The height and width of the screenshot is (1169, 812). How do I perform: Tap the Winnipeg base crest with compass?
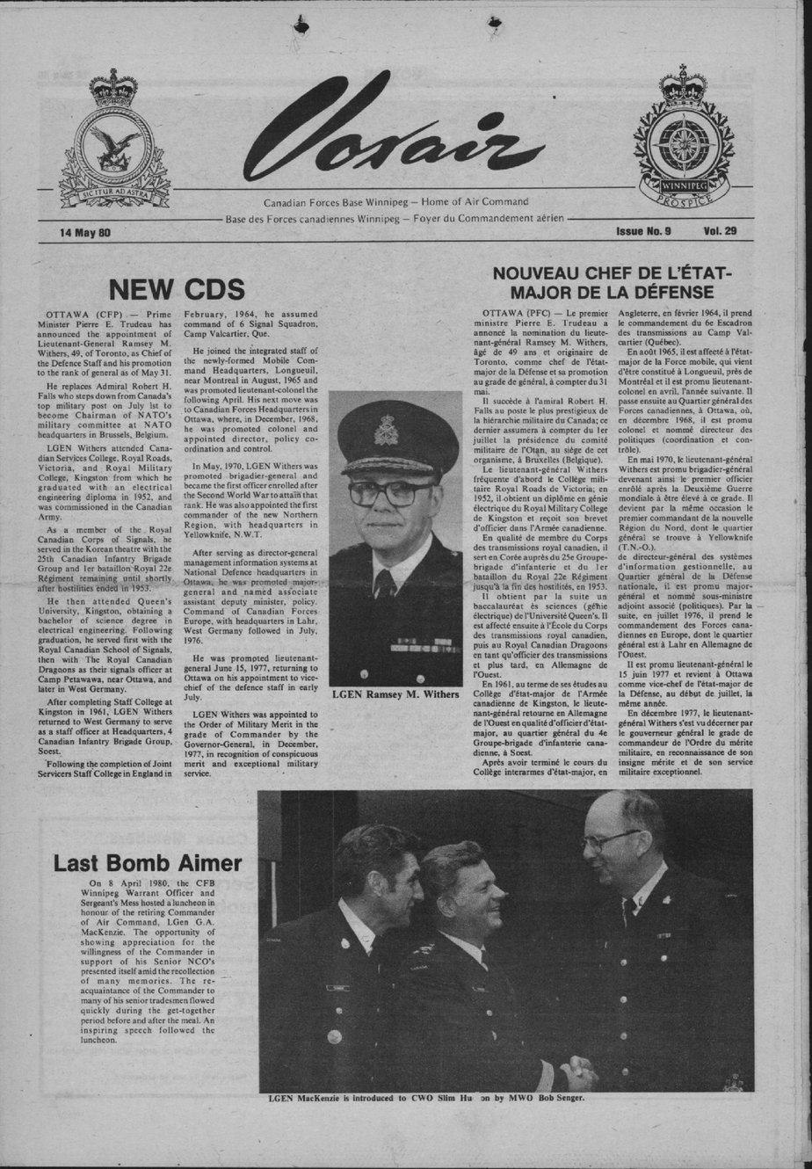(684, 138)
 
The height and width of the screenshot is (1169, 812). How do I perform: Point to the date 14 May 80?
(85, 233)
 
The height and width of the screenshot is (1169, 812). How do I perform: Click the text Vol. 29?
(719, 231)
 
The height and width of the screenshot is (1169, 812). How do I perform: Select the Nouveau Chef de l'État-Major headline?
(612, 282)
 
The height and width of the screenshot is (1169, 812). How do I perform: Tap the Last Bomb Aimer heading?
(147, 862)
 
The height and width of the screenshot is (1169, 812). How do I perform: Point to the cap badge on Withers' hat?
(386, 432)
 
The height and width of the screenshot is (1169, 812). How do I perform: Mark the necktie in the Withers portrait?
(385, 584)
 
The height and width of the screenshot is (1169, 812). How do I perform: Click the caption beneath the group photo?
(425, 1098)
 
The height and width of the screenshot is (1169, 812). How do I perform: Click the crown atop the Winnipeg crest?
(684, 84)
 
